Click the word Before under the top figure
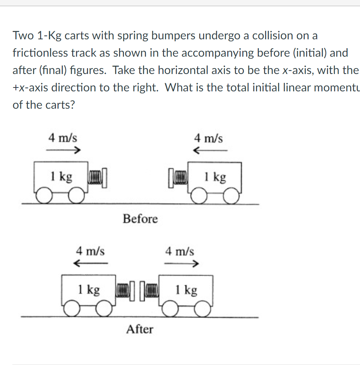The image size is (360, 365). (x=140, y=219)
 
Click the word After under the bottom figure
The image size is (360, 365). (x=140, y=330)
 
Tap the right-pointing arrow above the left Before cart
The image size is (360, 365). (x=63, y=150)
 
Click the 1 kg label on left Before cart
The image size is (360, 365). (x=61, y=177)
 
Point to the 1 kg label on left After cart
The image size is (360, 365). (x=89, y=289)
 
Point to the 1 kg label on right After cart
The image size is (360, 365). (x=186, y=290)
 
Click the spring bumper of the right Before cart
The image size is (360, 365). (x=178, y=178)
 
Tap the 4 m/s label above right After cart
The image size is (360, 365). (x=180, y=252)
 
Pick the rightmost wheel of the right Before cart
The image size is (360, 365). (x=232, y=197)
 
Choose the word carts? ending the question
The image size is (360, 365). (x=57, y=105)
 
